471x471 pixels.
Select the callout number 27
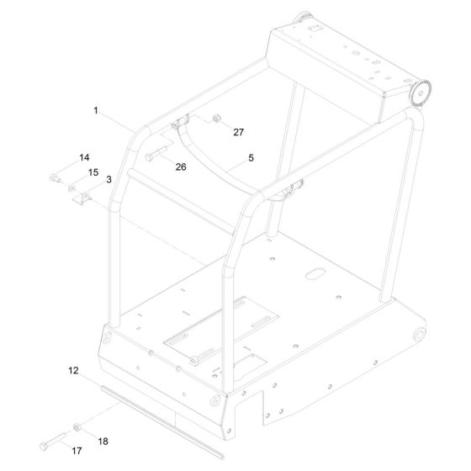pos(238,132)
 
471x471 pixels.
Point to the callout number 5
pos(250,156)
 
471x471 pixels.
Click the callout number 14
pos(84,158)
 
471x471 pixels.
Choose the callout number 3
pos(108,179)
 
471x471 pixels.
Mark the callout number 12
pos(73,370)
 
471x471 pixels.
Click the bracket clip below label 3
pos(84,198)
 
